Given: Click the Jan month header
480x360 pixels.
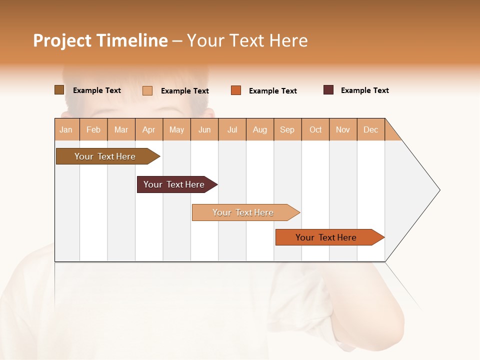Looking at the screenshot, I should click(66, 129).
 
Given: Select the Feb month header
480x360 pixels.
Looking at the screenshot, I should click(93, 129).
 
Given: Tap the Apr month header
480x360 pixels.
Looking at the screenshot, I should click(149, 129).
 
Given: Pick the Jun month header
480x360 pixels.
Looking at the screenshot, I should click(204, 129).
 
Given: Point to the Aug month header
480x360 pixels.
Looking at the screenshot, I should click(260, 129).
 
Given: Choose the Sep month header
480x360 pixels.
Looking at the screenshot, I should click(287, 129).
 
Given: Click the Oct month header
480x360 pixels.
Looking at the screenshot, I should click(315, 129).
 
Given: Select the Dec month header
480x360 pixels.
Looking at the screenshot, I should click(371, 129).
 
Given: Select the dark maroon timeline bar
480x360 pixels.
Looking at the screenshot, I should click(175, 184).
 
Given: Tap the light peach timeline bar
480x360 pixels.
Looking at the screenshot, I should click(244, 212).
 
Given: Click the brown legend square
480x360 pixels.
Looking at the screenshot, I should click(59, 90).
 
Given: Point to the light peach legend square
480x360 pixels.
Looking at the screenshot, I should click(147, 90).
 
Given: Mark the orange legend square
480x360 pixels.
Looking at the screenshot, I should click(236, 90).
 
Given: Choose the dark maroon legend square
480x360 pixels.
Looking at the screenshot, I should click(328, 90).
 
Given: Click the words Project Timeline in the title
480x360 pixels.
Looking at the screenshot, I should click(100, 40).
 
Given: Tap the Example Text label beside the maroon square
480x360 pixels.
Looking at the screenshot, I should click(364, 90).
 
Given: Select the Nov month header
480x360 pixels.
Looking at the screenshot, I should click(343, 129).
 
